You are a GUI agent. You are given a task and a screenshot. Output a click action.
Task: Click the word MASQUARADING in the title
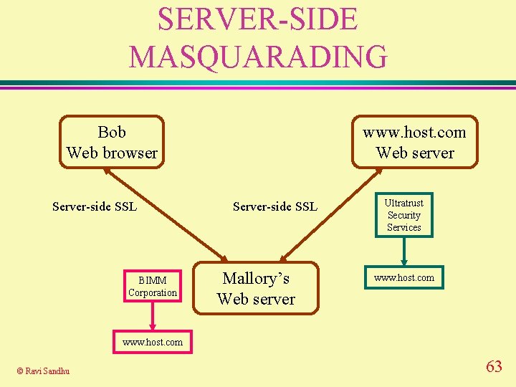tap(258, 57)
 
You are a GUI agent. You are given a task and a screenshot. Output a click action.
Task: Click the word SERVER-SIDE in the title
tap(257, 19)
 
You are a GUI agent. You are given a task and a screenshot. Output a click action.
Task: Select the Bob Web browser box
tap(112, 142)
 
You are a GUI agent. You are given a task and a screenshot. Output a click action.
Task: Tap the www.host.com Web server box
tap(415, 142)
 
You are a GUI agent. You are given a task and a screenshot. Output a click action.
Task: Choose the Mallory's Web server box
tap(256, 288)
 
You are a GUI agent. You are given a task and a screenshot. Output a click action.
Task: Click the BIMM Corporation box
tap(153, 287)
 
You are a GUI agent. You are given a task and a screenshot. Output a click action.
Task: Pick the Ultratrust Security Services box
tap(404, 215)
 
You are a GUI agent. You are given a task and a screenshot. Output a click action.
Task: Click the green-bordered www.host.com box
tap(404, 277)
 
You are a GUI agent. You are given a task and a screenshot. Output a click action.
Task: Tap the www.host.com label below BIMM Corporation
tap(153, 342)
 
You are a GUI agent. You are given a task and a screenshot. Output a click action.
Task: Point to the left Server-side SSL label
tap(95, 207)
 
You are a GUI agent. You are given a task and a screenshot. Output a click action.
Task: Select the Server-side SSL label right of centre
tap(275, 207)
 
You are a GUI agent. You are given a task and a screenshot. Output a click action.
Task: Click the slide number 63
tap(494, 367)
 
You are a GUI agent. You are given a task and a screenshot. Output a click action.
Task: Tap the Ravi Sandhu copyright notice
tap(44, 371)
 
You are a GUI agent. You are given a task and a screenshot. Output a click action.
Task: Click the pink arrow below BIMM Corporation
tap(153, 315)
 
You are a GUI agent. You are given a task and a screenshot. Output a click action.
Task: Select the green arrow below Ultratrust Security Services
tap(404, 251)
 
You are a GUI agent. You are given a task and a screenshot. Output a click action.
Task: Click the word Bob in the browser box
tap(112, 132)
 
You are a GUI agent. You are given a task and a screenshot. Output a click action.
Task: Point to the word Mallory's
tap(256, 278)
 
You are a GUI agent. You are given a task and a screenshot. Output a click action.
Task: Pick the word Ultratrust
tap(404, 203)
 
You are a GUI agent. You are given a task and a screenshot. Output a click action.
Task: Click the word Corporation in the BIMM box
tap(153, 292)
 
